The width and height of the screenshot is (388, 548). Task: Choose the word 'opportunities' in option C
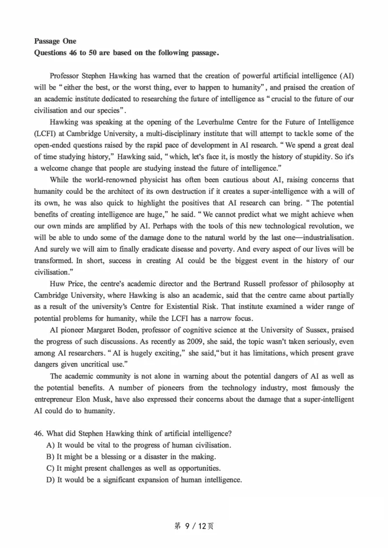click(199, 468)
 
